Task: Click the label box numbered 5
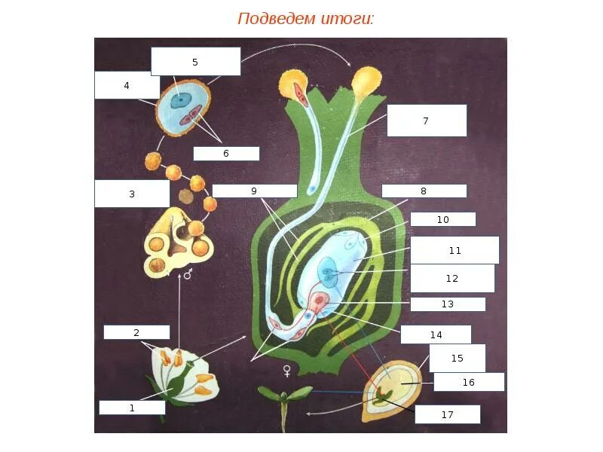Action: pos(195,62)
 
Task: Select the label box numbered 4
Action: pos(127,85)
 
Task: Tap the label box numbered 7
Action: pos(426,121)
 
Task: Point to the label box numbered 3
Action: pos(132,194)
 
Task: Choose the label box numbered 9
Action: pos(254,191)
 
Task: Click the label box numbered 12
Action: pos(451,278)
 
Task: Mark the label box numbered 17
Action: pos(446,414)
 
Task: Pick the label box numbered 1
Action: pos(132,408)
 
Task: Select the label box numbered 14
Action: pos(436,334)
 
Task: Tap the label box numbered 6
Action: pos(225,153)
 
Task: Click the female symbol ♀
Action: pos(286,370)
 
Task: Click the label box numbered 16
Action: pos(468,382)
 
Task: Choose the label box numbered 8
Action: pos(424,191)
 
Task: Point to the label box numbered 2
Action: pos(136,332)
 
